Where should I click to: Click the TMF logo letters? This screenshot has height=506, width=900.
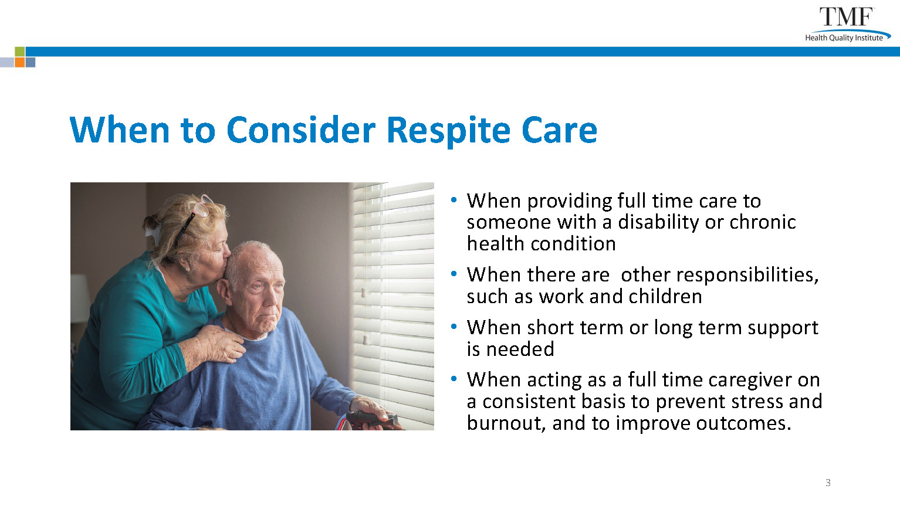point(846,17)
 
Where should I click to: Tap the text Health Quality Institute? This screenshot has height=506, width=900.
point(844,38)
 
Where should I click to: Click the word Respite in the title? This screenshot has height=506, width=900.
point(449,131)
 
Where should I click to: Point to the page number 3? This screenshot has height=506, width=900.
point(828,483)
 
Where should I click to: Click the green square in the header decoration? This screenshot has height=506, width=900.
point(20,52)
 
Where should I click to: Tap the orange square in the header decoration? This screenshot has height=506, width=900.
point(20,62)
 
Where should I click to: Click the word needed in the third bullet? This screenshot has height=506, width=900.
point(520,349)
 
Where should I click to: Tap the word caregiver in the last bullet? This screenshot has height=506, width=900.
point(747,381)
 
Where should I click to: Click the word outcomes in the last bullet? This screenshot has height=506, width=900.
point(744,423)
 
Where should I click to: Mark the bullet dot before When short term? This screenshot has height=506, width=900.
point(454,327)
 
